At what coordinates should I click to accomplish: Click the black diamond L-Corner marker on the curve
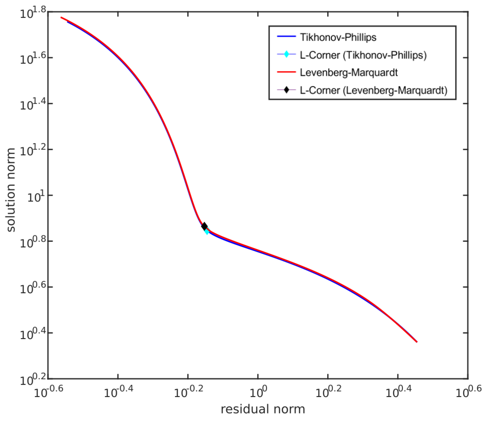coord(204,226)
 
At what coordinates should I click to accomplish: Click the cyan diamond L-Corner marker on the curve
coord(207,231)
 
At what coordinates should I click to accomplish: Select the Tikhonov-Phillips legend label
coord(338,37)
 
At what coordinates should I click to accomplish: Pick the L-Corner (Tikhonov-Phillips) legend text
coord(363,55)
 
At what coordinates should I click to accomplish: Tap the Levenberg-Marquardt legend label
coord(348,73)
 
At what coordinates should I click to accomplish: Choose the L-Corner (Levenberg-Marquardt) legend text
coord(374,90)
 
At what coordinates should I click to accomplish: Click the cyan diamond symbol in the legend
coord(286,54)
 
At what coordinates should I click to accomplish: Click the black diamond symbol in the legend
coord(286,90)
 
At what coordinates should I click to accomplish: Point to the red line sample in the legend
coord(286,72)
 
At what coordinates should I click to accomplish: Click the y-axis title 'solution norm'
coord(11,190)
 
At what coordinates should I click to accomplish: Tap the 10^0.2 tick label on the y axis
coord(33,380)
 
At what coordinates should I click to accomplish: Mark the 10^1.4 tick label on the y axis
coord(33,105)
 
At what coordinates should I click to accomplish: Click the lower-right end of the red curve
coord(417,342)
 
